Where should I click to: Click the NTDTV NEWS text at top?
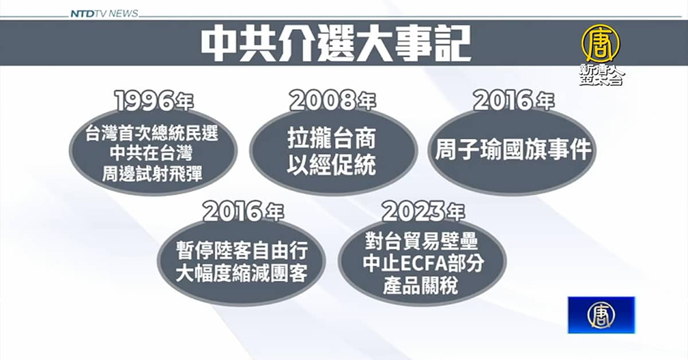[104, 14]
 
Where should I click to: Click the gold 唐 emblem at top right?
[601, 44]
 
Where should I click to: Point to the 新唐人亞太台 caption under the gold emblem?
[601, 75]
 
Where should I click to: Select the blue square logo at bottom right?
[601, 315]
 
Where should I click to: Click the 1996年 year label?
[154, 101]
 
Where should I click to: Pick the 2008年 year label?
[333, 101]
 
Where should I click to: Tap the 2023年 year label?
[424, 212]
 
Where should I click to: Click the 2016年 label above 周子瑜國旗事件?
[514, 101]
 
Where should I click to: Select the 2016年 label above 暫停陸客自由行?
[243, 212]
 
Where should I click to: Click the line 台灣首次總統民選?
[152, 134]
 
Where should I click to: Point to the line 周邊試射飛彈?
[152, 174]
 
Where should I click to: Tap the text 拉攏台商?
[332, 139]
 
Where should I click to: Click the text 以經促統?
[332, 165]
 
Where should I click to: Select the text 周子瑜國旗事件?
[513, 150]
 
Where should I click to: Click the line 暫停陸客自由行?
[242, 251]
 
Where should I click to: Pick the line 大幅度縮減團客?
[242, 273]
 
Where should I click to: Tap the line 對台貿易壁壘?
[421, 241]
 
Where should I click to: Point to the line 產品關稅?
[420, 285]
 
